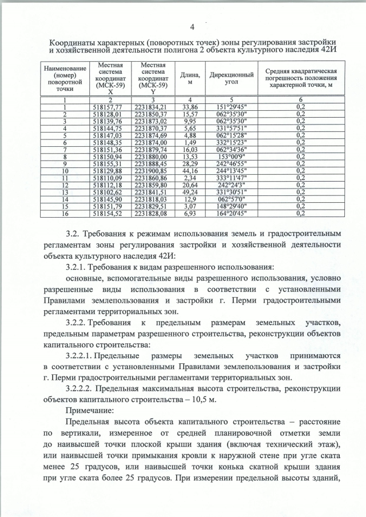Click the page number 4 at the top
coord(192,27)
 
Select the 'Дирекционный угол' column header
coord(232,79)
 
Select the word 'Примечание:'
coord(86,410)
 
